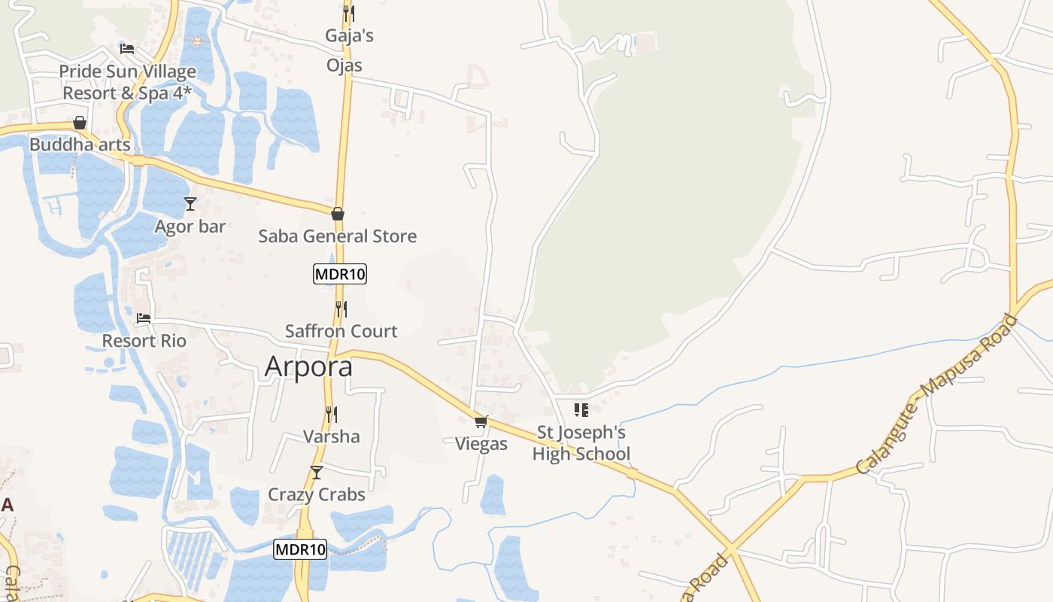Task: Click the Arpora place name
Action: point(308,366)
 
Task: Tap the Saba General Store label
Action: point(337,236)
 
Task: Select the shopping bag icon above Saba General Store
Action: point(338,214)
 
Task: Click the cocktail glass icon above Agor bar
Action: point(190,203)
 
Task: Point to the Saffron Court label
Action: point(341,331)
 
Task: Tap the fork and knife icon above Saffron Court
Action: point(341,309)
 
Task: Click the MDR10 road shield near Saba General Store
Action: point(340,274)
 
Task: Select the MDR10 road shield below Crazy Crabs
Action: point(300,549)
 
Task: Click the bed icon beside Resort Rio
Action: point(144,318)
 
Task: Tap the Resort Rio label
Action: point(144,341)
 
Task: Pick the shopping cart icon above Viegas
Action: point(481,421)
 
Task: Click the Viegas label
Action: point(481,444)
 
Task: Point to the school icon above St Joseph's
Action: point(581,410)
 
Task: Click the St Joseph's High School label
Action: point(581,443)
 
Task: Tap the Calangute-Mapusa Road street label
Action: point(936,395)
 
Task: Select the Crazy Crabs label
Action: point(317,494)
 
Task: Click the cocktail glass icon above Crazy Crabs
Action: point(317,473)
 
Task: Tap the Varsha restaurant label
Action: point(331,436)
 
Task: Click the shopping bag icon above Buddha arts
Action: point(80,123)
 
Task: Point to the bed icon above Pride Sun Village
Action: point(127,49)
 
